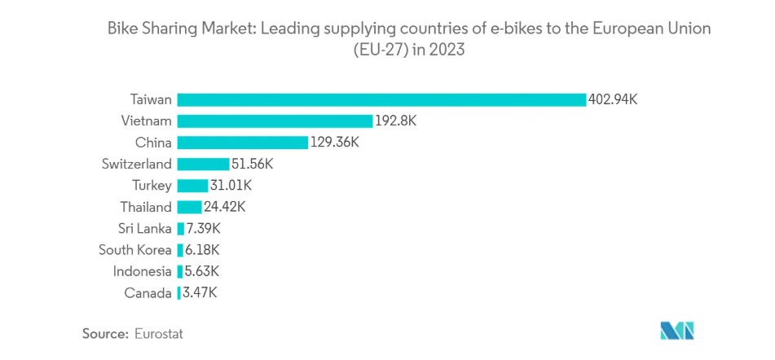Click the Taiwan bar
381,99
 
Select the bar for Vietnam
275,121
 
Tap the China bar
242,143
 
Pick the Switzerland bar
203,164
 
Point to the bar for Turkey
192,186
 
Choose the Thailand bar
189,207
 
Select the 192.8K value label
396,121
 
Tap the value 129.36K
335,143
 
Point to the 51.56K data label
253,164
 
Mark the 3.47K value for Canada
199,292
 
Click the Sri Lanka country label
145,228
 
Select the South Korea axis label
135,250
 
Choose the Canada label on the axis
148,292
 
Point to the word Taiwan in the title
151,99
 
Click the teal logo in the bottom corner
677,331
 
